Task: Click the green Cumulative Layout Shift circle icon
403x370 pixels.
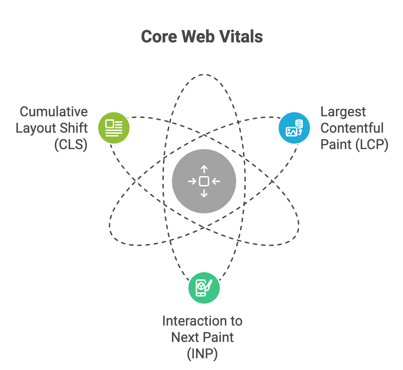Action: (x=114, y=128)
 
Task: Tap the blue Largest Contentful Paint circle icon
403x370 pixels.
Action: (x=294, y=128)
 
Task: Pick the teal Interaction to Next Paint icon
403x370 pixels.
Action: (x=204, y=288)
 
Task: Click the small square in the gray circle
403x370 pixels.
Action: (x=204, y=181)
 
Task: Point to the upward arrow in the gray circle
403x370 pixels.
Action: (x=204, y=169)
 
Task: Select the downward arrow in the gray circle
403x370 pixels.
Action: (x=204, y=194)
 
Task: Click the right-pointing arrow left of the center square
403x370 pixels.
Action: (x=192, y=181)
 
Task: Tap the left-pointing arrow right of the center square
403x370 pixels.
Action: (x=216, y=181)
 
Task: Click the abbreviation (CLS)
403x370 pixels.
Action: (x=71, y=145)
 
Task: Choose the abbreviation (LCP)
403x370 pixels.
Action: (x=372, y=145)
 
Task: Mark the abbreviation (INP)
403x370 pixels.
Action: (x=202, y=354)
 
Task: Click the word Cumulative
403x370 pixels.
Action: (x=54, y=112)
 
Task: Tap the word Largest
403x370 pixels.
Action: (x=343, y=112)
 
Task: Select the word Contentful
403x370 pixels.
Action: (x=352, y=128)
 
